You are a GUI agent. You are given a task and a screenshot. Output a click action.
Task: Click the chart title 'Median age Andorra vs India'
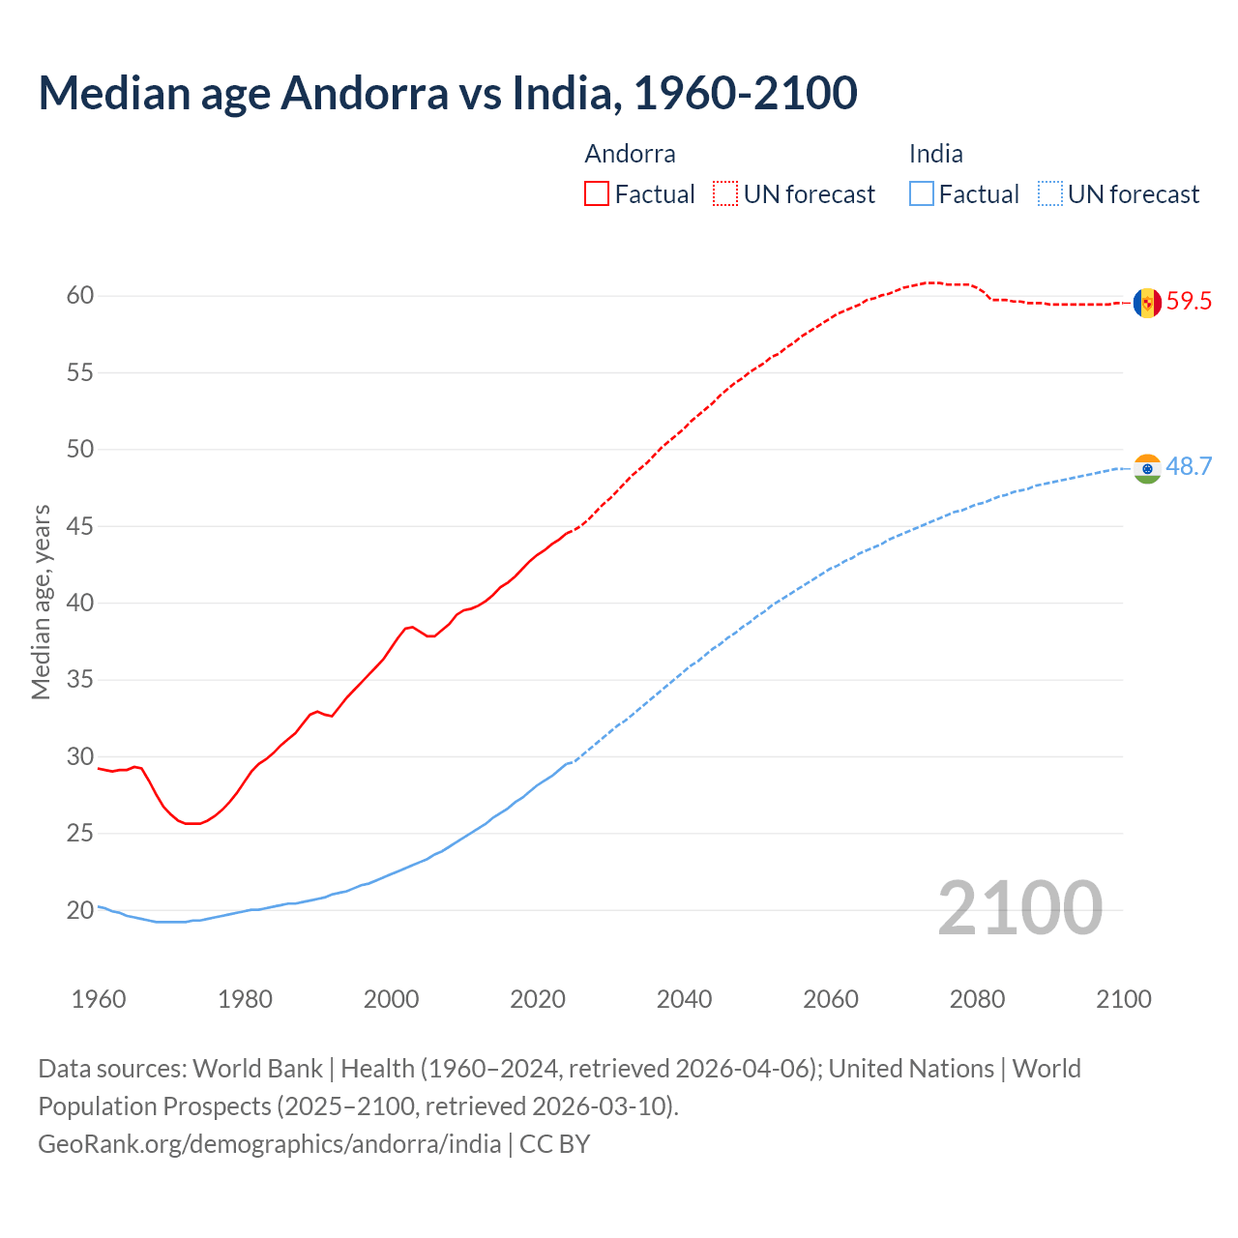[x=447, y=94]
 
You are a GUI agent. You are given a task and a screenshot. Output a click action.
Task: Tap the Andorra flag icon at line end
[x=1147, y=303]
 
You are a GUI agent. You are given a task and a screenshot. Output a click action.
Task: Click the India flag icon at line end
[x=1147, y=469]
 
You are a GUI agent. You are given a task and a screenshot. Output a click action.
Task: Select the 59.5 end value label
[x=1189, y=302]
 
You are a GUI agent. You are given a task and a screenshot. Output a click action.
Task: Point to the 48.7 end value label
[x=1189, y=467]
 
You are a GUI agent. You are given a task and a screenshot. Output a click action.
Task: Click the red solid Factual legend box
[x=597, y=194]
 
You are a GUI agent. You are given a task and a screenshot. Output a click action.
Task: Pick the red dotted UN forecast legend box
[x=725, y=194]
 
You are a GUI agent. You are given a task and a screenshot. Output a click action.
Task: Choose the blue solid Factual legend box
[x=922, y=194]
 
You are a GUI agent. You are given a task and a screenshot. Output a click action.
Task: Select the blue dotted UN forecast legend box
[x=1050, y=194]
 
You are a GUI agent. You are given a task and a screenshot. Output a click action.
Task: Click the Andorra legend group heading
[x=630, y=154]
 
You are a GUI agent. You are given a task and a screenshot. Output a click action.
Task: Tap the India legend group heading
[x=935, y=154]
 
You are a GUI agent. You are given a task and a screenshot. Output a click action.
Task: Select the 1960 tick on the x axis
[x=99, y=999]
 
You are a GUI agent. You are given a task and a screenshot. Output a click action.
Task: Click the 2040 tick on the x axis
[x=684, y=999]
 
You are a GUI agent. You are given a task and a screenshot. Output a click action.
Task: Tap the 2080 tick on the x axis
[x=977, y=999]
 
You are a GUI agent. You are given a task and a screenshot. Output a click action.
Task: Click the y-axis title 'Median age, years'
[x=41, y=602]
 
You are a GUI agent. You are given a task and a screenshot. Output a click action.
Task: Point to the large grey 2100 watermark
[x=1019, y=908]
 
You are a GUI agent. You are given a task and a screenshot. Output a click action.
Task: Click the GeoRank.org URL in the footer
[x=269, y=1144]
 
